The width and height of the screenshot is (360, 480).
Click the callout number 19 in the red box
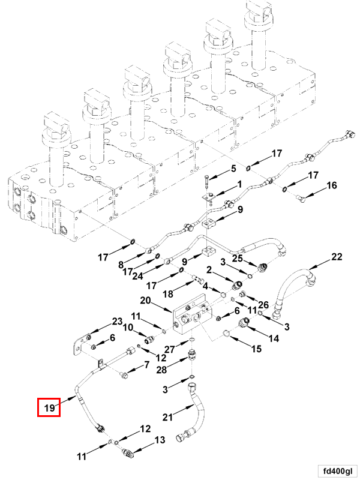[49, 409]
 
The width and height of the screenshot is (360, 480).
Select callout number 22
[337, 257]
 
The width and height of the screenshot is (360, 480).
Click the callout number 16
[332, 187]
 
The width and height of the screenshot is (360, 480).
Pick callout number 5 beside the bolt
[234, 169]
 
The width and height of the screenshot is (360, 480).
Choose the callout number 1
[239, 185]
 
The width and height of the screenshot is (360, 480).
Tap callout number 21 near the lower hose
[169, 416]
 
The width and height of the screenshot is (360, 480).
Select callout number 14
[274, 338]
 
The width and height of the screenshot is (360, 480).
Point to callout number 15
[256, 349]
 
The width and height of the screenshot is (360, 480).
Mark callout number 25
[238, 258]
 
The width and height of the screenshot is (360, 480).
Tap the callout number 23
[117, 321]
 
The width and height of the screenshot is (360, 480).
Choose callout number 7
[146, 365]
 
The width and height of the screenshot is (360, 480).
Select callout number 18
[169, 293]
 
